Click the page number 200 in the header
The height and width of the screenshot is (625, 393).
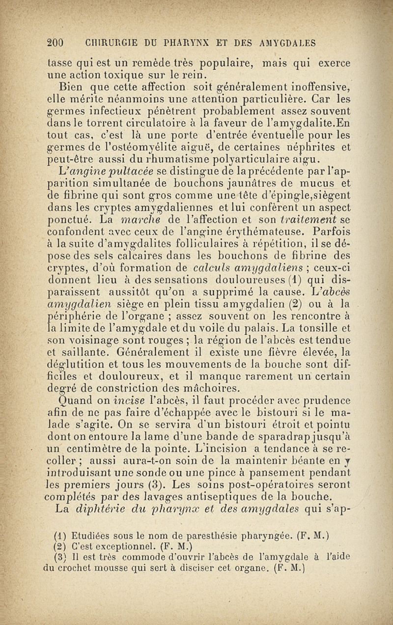(x=56, y=43)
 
